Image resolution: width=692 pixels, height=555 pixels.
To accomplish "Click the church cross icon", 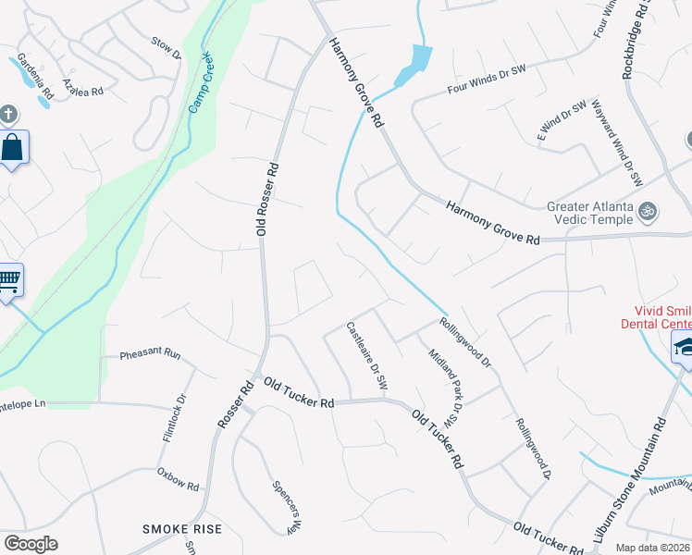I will [x=9, y=116].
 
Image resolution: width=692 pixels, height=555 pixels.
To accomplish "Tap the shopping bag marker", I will [x=13, y=148].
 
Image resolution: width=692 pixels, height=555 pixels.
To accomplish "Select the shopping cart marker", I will [x=8, y=279].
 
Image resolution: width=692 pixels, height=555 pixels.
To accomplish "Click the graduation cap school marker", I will [x=683, y=348].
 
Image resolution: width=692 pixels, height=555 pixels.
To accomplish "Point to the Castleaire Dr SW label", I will [x=365, y=355].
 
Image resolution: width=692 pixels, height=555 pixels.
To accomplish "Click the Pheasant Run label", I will [x=150, y=353].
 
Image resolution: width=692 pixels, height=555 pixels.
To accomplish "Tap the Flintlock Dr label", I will [x=175, y=417].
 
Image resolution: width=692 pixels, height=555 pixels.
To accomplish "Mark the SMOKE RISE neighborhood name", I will [x=181, y=528].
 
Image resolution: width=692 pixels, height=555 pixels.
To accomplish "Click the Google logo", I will [x=31, y=544].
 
